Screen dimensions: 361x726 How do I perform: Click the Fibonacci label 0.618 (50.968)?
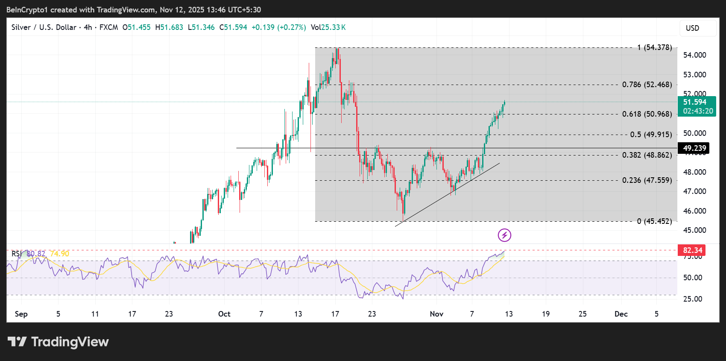point(647,114)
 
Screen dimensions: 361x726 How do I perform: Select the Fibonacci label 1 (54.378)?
point(654,47)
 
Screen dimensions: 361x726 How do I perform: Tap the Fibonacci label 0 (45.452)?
point(654,221)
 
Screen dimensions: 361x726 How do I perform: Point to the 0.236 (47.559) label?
point(647,180)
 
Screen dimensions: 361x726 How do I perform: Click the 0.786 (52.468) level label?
point(647,85)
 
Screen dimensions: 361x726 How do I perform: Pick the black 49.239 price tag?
point(694,148)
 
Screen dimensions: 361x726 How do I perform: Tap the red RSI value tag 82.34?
point(692,250)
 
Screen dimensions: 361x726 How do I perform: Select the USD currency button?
point(697,28)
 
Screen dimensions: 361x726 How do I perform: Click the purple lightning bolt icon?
point(504,235)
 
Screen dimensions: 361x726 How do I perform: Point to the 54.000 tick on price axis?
point(694,55)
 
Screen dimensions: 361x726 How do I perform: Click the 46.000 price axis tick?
point(694,211)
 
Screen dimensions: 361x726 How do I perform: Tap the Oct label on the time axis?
point(224,314)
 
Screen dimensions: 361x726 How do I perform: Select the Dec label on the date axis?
point(621,314)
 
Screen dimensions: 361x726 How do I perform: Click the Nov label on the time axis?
point(436,314)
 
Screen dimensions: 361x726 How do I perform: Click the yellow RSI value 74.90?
point(59,254)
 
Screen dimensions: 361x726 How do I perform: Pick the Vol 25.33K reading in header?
point(328,27)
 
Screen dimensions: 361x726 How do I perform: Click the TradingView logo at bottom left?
point(58,342)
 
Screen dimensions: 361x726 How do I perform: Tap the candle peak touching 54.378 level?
point(337,49)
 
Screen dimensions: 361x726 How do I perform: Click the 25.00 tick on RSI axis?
point(692,299)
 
